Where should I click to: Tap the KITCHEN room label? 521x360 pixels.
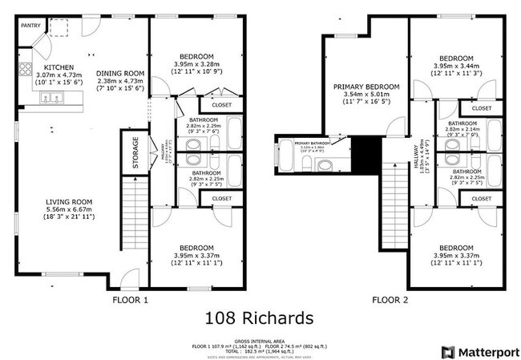pos(59,67)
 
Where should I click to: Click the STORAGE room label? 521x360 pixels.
pos(135,153)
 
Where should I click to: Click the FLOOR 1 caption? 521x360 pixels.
pos(129,300)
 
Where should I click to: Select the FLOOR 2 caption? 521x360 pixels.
pos(391,300)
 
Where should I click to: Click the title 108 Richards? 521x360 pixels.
pos(260,318)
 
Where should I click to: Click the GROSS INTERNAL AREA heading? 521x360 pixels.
pos(260,340)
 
